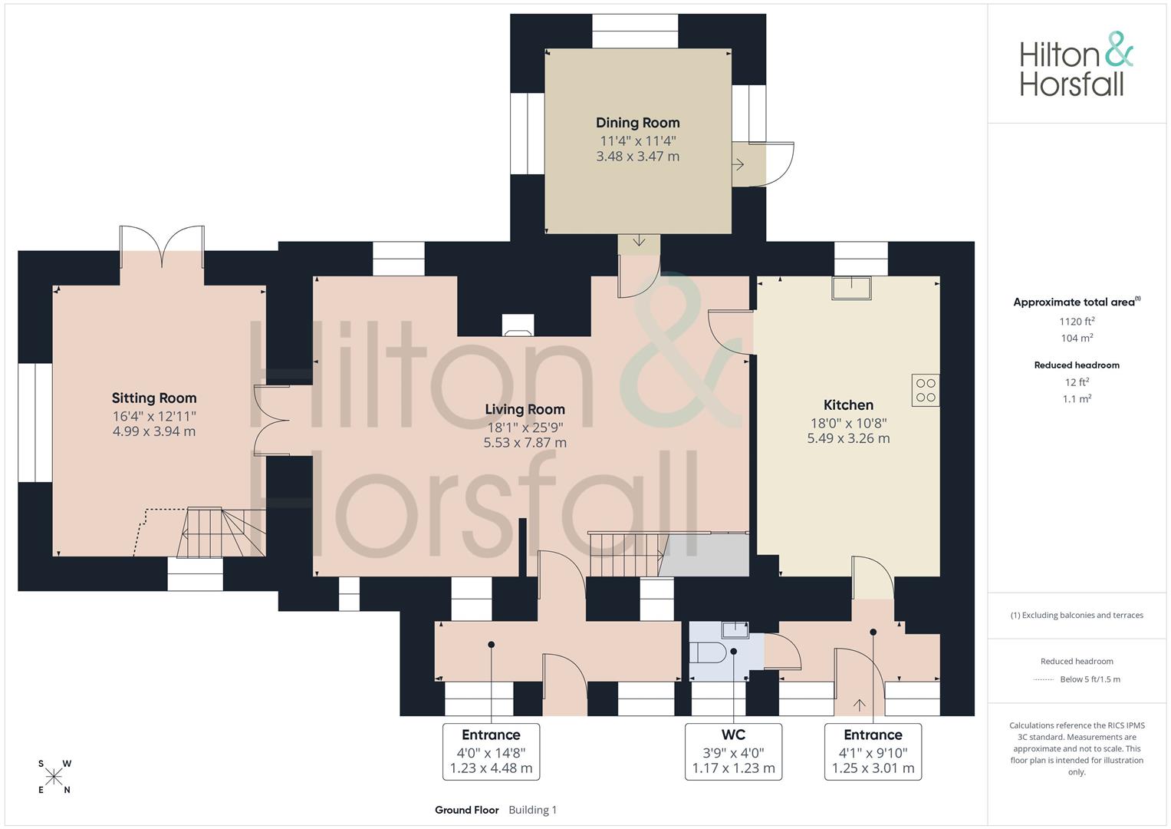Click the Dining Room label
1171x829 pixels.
coord(638,123)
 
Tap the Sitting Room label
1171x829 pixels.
coord(154,398)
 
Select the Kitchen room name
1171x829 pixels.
coord(848,405)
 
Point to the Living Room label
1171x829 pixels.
coord(525,409)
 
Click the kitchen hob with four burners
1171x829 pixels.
coord(926,391)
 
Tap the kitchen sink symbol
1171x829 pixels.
coord(851,289)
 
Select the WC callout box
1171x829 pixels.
coord(733,752)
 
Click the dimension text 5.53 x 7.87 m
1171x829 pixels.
coord(525,443)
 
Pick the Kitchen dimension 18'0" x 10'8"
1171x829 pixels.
coord(848,423)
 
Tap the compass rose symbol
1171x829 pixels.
coord(54,777)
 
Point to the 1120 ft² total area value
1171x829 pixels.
coord(1077,322)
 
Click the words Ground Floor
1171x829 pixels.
coord(467,810)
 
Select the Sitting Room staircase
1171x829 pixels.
coord(221,532)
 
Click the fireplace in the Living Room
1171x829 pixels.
coord(518,325)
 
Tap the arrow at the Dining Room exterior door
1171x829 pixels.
coord(738,165)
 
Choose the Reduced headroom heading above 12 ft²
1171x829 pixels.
coord(1077,365)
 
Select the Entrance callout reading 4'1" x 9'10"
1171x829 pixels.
coord(873,752)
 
